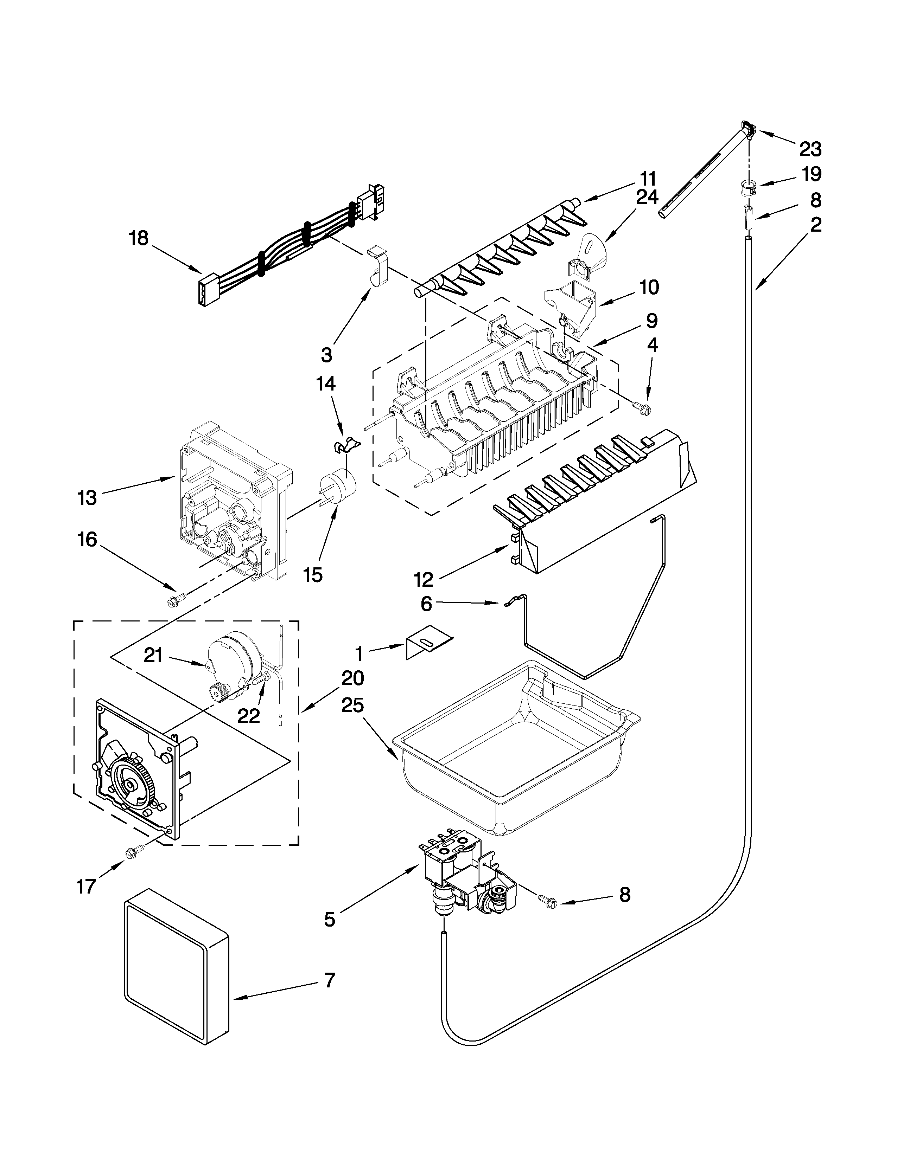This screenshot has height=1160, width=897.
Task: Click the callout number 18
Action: pyautogui.click(x=138, y=238)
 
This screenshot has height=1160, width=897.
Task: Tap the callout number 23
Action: pyautogui.click(x=810, y=149)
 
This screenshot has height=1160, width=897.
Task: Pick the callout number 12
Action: pyautogui.click(x=424, y=579)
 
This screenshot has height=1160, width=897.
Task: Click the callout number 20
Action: pyautogui.click(x=352, y=678)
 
